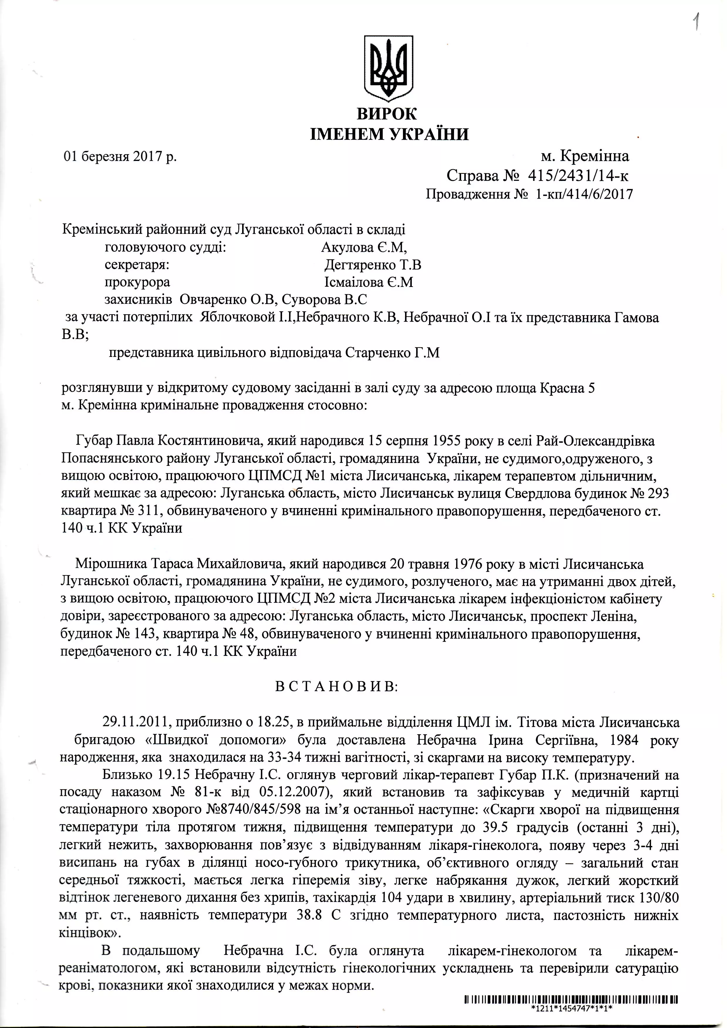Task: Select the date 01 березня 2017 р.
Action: (x=120, y=157)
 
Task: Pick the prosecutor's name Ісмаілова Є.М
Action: (x=368, y=283)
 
